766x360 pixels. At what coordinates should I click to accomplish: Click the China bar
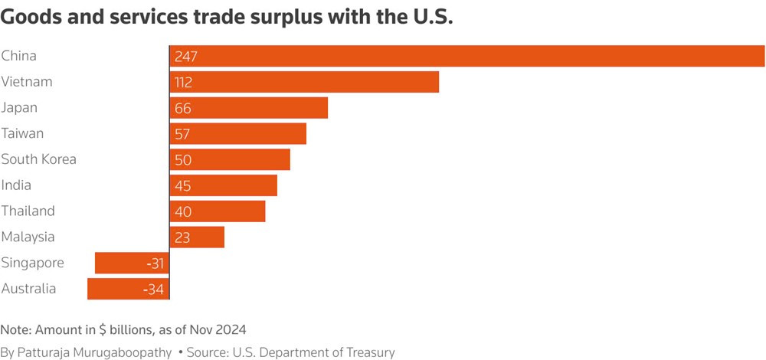pos(467,56)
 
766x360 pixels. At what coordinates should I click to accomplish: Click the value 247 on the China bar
pos(186,57)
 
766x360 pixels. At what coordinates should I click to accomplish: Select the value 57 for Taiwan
pos(182,134)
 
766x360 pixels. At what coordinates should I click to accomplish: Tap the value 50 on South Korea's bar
pos(183,160)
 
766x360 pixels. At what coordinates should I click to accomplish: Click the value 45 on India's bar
pos(183,186)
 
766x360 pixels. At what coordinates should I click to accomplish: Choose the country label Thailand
pos(28,211)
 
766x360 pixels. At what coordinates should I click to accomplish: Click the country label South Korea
pos(38,159)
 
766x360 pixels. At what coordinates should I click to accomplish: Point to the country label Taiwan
pos(22,133)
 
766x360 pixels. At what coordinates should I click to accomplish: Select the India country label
pos(16,185)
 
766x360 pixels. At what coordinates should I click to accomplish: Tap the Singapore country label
pos(32,263)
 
